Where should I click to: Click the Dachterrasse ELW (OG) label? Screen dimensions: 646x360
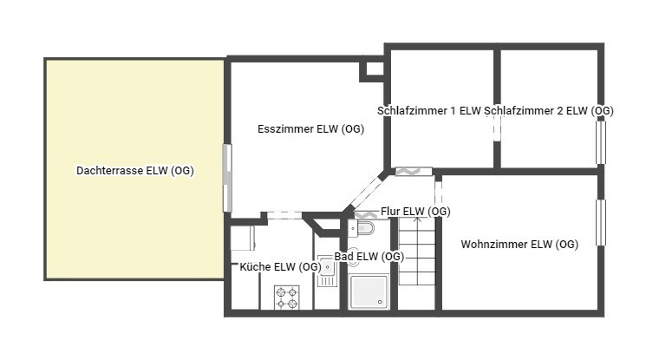pyautogui.click(x=135, y=170)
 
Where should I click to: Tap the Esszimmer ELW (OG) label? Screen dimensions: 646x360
pyautogui.click(x=311, y=128)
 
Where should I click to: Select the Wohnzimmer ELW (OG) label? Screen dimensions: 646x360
pyautogui.click(x=519, y=244)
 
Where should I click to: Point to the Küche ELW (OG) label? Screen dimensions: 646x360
pyautogui.click(x=280, y=267)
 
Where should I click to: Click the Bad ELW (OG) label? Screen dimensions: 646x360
pyautogui.click(x=369, y=257)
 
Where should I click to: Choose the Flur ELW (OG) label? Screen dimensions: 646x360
pyautogui.click(x=415, y=211)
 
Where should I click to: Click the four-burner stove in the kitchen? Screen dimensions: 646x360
pyautogui.click(x=287, y=298)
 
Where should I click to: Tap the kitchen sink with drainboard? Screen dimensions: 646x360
pyautogui.click(x=328, y=271)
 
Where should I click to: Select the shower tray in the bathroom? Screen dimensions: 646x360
pyautogui.click(x=369, y=292)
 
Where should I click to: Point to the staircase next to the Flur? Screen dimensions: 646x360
pyautogui.click(x=417, y=252)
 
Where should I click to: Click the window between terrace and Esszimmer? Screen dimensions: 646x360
pyautogui.click(x=227, y=178)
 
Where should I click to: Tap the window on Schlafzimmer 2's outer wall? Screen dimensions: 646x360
pyautogui.click(x=601, y=142)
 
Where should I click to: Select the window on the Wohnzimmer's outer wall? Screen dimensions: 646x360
pyautogui.click(x=601, y=223)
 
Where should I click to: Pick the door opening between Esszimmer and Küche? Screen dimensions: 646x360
pyautogui.click(x=284, y=215)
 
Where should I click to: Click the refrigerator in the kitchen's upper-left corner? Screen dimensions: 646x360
pyautogui.click(x=243, y=238)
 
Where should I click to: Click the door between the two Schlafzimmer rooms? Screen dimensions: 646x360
pyautogui.click(x=497, y=128)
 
